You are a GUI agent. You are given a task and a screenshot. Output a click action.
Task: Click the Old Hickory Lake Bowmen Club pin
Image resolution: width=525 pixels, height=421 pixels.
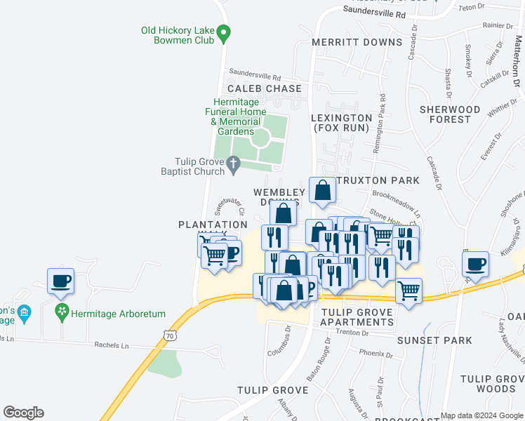click(x=224, y=32)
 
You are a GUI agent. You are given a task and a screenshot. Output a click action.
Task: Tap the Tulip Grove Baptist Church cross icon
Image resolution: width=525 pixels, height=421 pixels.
click(x=234, y=165)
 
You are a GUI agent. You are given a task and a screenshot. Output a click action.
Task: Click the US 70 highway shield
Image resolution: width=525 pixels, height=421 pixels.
click(x=171, y=336)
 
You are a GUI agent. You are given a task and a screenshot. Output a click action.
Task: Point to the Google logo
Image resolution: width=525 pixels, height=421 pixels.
click(x=23, y=413)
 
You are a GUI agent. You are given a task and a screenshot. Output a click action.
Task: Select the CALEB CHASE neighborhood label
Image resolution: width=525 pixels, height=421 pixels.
click(x=264, y=89)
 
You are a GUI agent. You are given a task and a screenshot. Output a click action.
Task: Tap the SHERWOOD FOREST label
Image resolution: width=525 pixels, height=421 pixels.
click(x=450, y=114)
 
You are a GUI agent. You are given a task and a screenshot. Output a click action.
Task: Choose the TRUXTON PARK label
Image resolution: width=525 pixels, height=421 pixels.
click(x=378, y=180)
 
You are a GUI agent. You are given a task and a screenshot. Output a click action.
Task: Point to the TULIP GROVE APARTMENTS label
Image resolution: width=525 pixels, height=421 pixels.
click(x=357, y=317)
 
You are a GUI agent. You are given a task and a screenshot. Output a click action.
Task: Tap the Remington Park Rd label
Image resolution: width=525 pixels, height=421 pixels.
click(x=383, y=115)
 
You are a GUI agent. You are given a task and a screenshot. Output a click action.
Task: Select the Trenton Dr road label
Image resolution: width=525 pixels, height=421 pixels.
click(x=352, y=333)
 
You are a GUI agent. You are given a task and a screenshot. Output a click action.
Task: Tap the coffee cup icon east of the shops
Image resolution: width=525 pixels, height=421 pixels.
click(x=476, y=265)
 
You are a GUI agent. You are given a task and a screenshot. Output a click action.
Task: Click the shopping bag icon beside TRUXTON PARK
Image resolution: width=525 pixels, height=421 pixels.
click(x=322, y=190)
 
